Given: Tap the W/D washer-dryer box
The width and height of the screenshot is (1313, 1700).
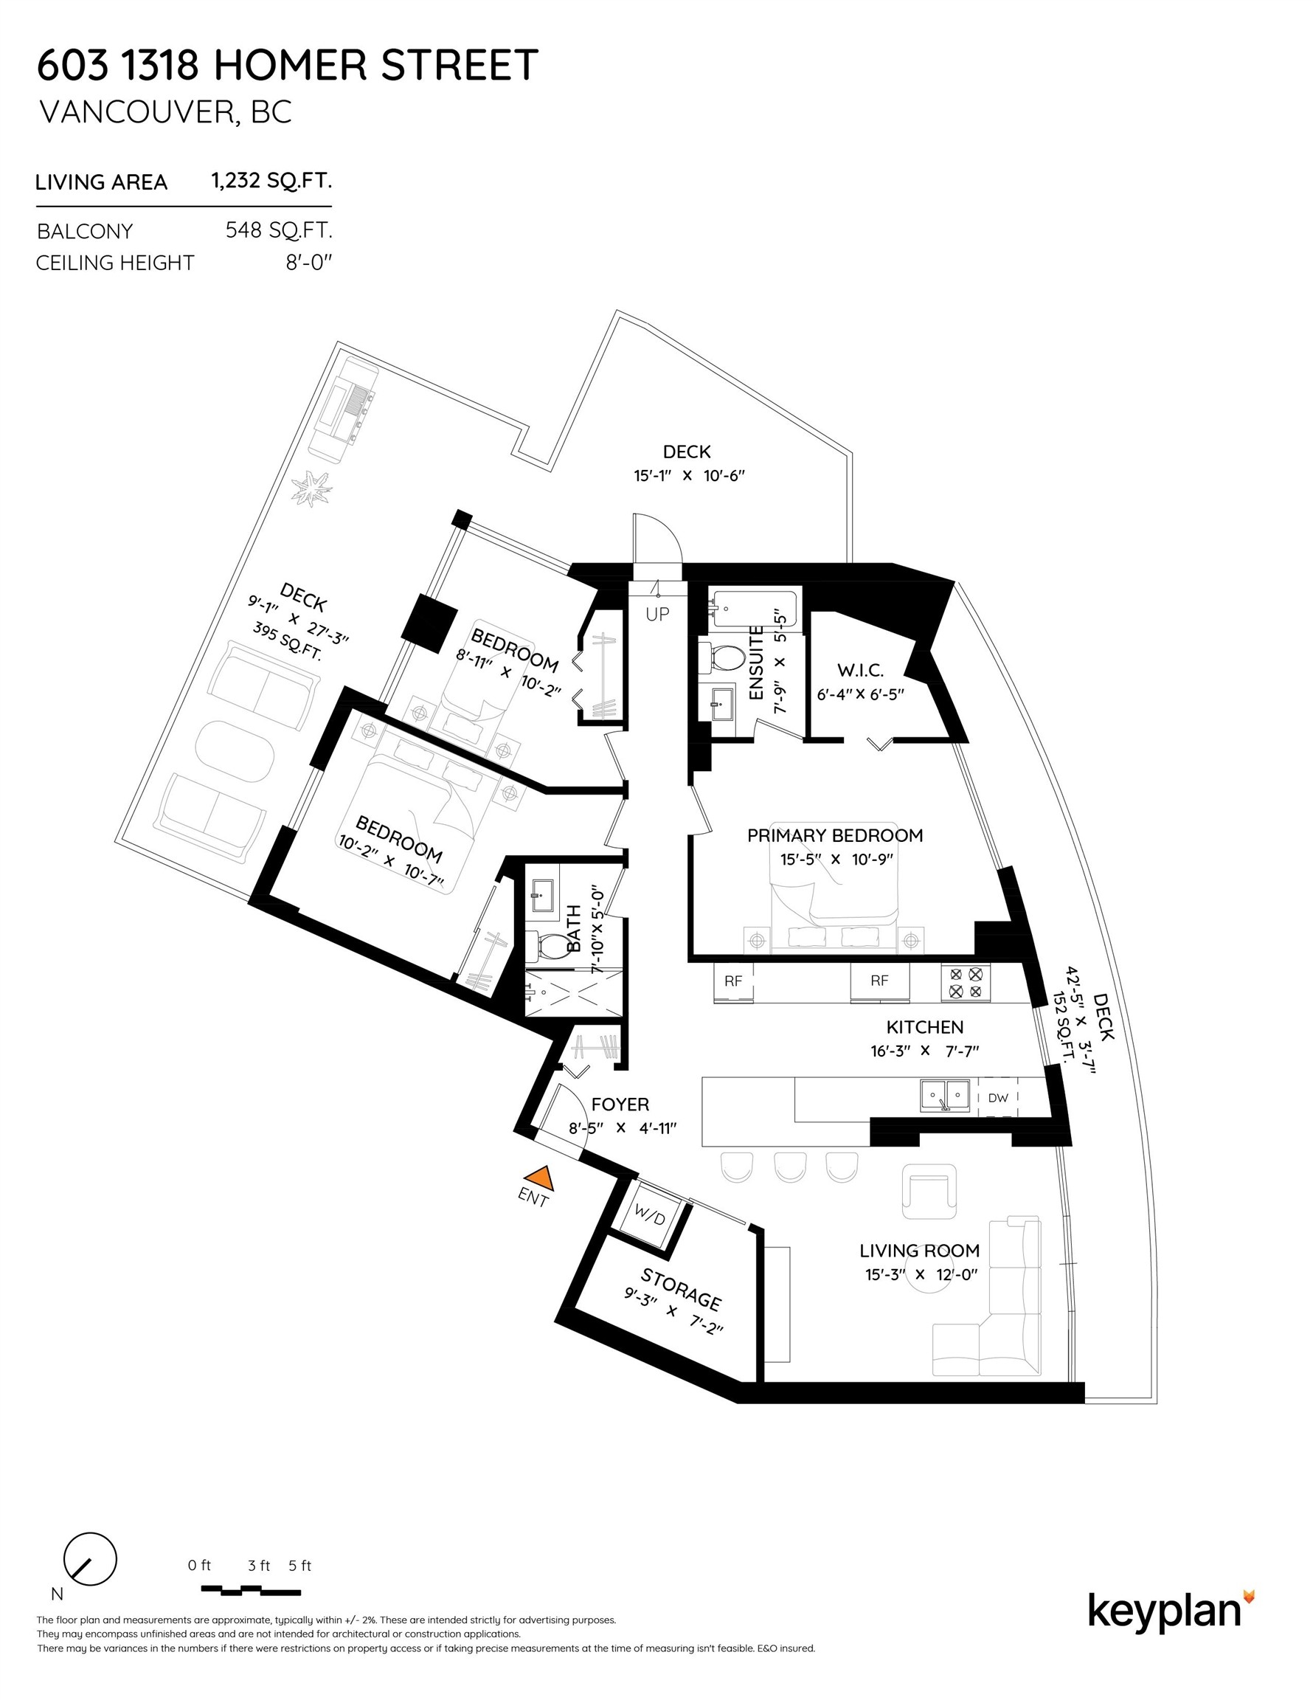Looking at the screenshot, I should pyautogui.click(x=649, y=1215).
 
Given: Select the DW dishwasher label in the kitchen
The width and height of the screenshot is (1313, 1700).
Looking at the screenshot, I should pyautogui.click(x=998, y=1097).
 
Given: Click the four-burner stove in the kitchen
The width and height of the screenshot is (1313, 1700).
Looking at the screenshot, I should pyautogui.click(x=965, y=982).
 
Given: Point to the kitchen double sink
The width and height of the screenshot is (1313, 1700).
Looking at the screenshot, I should pyautogui.click(x=945, y=1095).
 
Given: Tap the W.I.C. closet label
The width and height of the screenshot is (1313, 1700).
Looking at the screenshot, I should pyautogui.click(x=860, y=670).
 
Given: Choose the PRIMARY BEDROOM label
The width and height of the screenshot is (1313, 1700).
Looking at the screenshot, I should pyautogui.click(x=834, y=835).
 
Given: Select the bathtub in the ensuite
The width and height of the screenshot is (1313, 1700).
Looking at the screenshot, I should pyautogui.click(x=752, y=608).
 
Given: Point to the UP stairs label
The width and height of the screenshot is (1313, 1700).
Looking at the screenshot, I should pyautogui.click(x=657, y=614).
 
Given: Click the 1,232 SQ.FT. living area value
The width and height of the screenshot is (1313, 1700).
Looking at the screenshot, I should pyautogui.click(x=271, y=182).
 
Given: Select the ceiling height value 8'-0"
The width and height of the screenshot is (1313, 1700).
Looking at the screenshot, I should pyautogui.click(x=308, y=263).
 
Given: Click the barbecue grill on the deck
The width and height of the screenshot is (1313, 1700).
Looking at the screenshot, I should pyautogui.click(x=344, y=409).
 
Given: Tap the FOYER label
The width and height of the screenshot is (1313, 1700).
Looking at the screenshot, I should pyautogui.click(x=620, y=1104).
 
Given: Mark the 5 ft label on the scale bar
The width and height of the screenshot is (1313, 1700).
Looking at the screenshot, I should pyautogui.click(x=299, y=1565).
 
